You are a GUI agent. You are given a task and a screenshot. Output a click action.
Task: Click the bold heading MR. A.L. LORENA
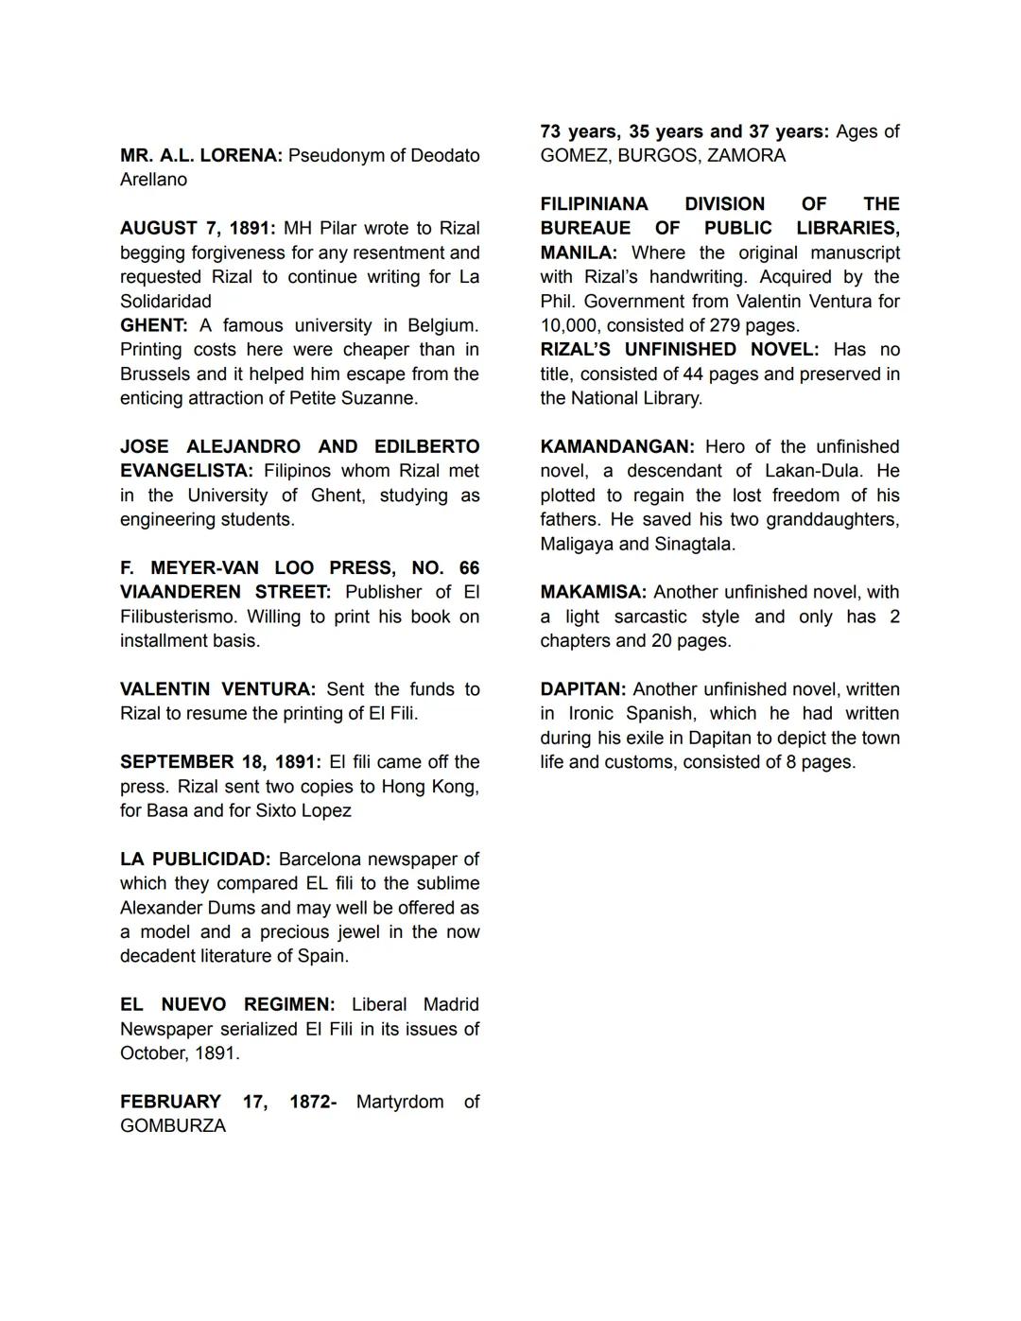pos(200,155)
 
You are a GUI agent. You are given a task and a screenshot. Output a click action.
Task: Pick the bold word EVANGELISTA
pos(186,471)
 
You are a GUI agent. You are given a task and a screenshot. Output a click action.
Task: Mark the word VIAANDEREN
pos(179,592)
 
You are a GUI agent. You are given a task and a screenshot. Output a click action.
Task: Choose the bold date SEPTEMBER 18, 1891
pos(220,762)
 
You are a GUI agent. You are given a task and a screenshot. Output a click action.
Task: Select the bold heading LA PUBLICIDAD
pos(195,860)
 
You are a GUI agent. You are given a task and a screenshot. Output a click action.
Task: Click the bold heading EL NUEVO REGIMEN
pos(227,1004)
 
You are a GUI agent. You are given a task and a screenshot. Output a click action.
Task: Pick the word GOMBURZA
pos(173,1126)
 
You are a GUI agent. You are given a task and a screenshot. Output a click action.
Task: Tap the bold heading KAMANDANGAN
pos(617,446)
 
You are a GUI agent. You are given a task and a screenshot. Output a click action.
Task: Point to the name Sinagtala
pos(694,544)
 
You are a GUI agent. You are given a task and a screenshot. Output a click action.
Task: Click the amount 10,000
pos(568,325)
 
